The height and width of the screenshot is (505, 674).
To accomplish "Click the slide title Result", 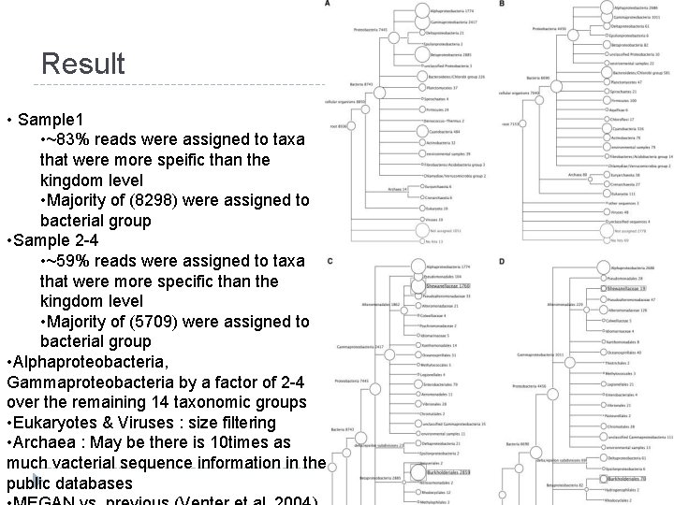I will pos(82,64).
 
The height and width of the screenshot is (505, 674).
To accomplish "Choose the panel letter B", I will pos(503,5).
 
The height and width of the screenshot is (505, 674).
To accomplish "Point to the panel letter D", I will pos(503,260).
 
